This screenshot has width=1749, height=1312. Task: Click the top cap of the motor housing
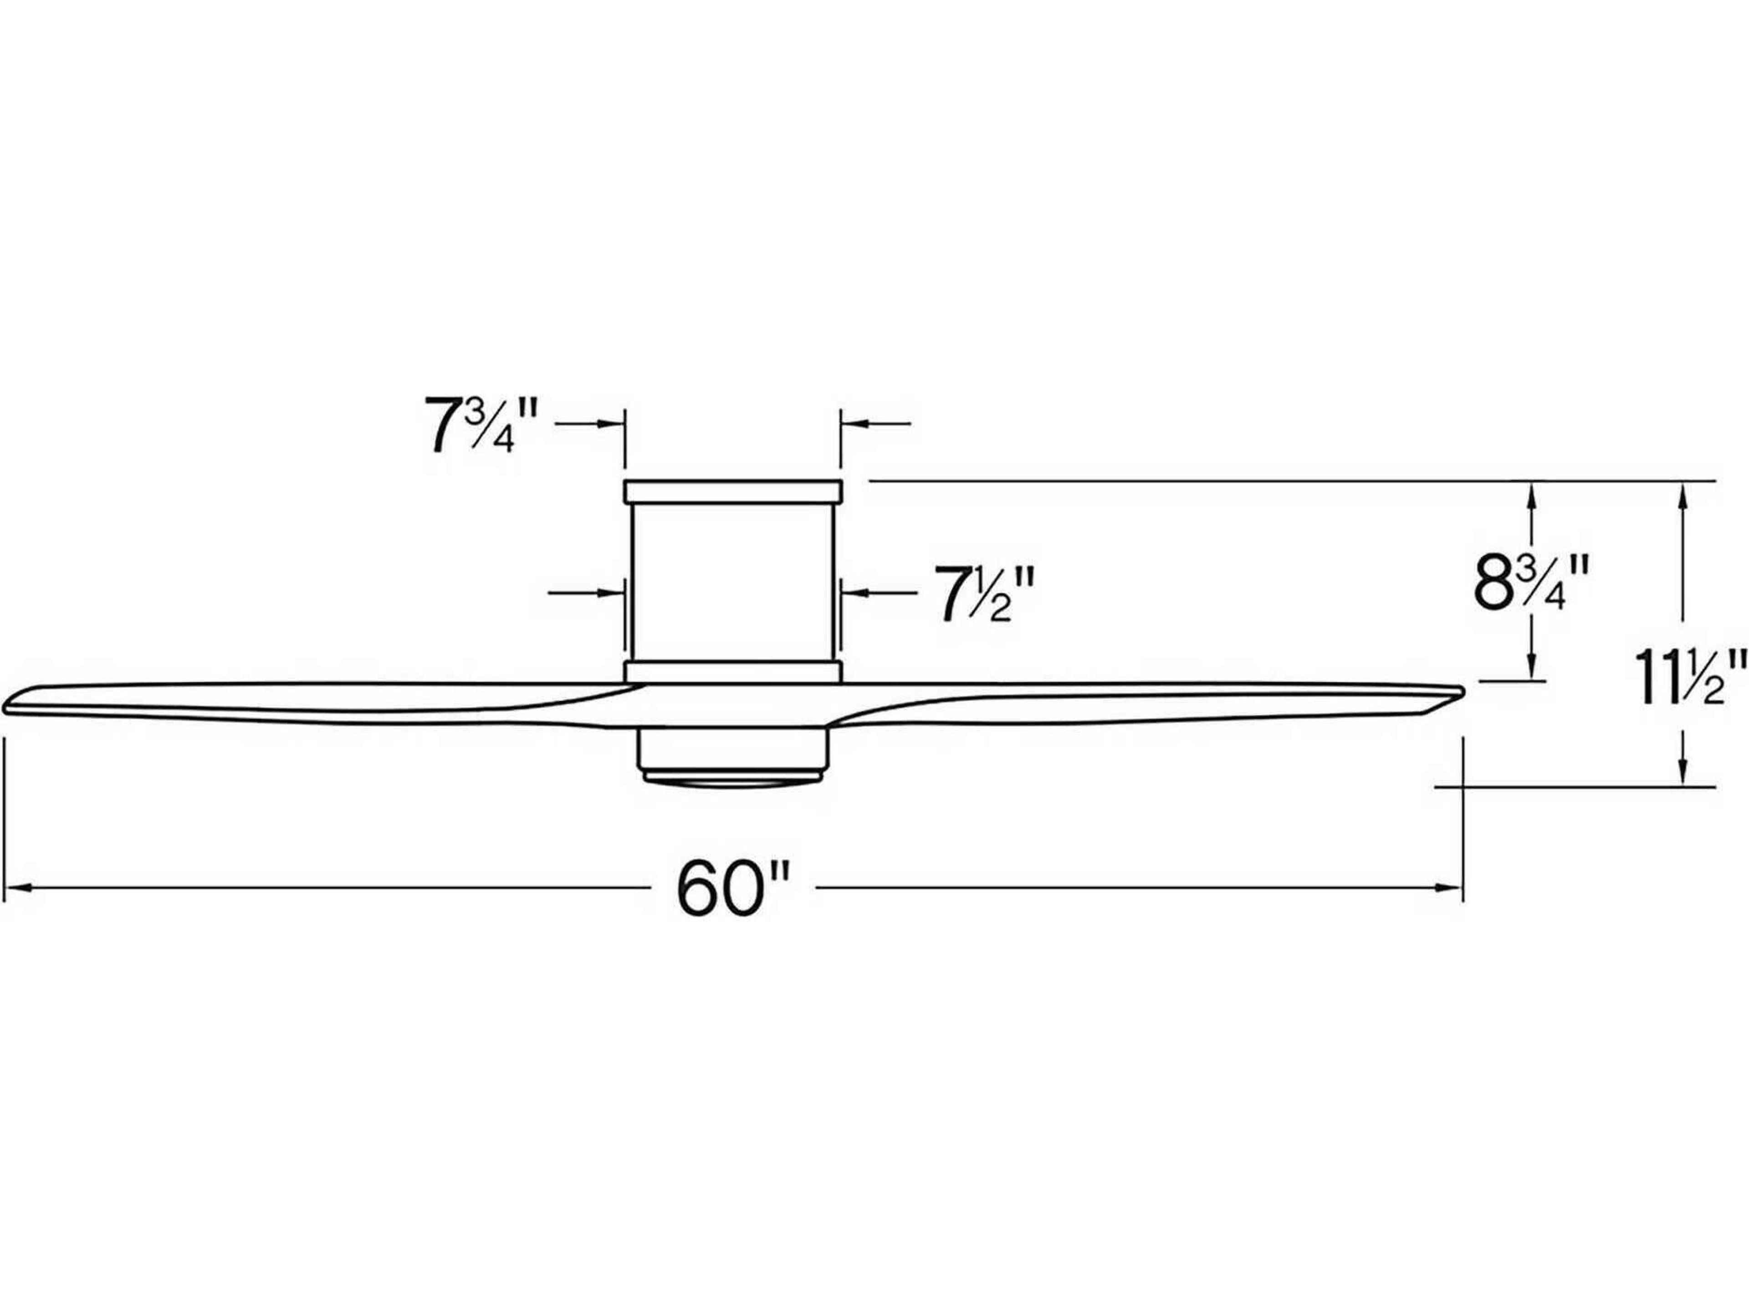pos(733,491)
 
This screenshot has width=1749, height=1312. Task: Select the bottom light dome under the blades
pos(733,779)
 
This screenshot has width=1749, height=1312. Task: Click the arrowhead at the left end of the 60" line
pos(17,888)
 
